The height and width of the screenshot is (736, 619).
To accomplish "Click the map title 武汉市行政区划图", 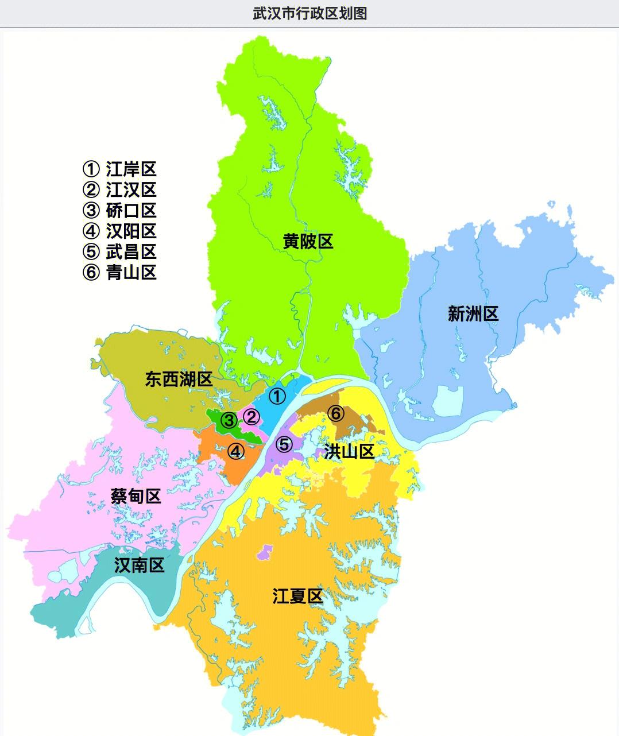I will click(309, 13).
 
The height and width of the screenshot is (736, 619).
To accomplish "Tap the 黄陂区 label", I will click(308, 241).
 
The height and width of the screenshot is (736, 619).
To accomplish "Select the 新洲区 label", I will click(473, 313).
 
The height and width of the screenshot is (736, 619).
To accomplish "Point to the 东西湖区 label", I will click(179, 379).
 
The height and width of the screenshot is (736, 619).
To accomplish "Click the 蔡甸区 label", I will click(136, 495).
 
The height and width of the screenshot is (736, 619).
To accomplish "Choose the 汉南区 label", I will click(140, 565).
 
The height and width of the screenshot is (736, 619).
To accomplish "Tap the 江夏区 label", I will click(297, 596).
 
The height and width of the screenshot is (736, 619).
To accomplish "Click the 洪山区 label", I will click(349, 451).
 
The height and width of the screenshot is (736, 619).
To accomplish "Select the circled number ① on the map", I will click(277, 396).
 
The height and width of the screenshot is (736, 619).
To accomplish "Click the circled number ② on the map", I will click(252, 417).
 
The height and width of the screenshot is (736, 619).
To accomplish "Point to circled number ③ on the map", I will click(229, 421).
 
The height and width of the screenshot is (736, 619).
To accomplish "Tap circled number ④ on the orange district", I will click(235, 452).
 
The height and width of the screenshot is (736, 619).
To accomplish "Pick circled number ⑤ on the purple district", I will click(284, 444).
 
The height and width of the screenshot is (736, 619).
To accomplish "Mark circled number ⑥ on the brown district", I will click(336, 413).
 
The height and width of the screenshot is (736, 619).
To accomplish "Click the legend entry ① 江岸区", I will click(120, 169).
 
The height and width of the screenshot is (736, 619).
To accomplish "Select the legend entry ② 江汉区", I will click(120, 189).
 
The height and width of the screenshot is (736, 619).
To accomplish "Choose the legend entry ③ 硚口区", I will click(120, 210).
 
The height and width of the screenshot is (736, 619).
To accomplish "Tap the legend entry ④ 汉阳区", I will click(120, 231).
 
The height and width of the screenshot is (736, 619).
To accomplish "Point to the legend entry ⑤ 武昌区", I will click(120, 251).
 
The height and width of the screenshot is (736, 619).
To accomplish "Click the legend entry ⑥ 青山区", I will click(120, 272).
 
